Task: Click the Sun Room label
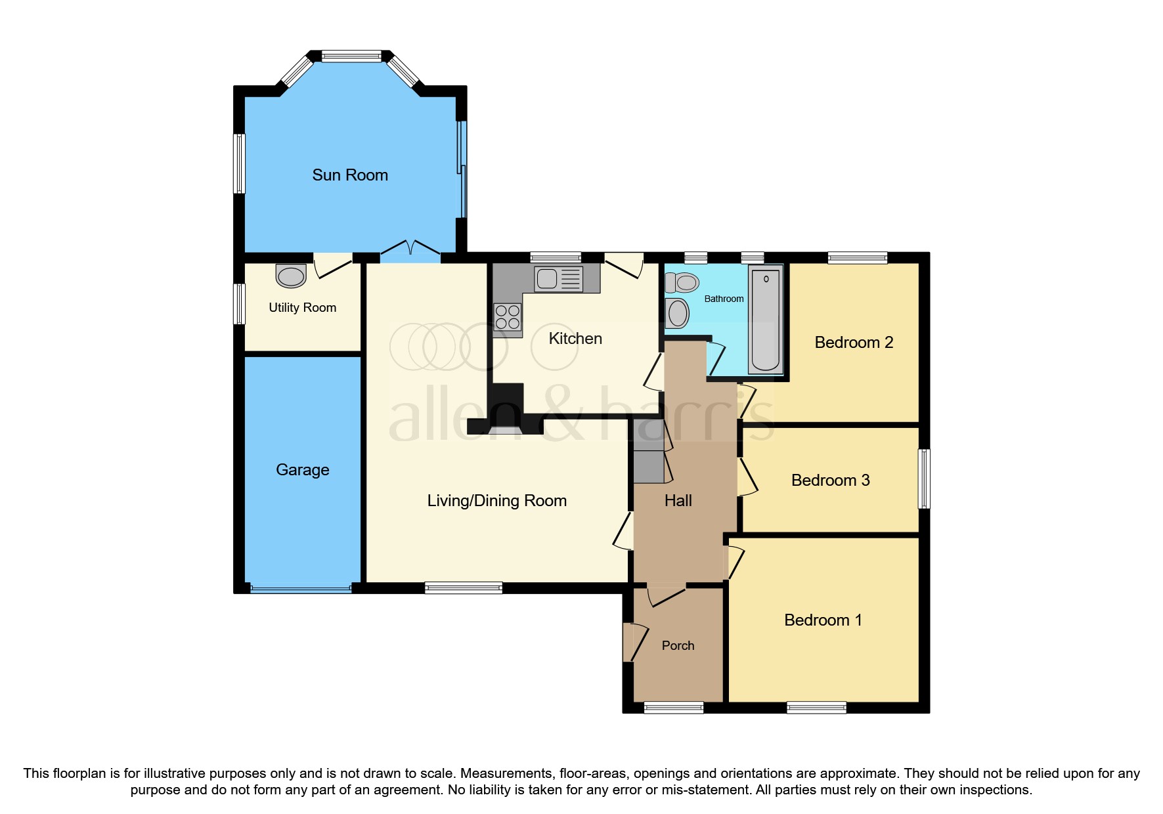349,175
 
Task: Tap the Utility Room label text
302,308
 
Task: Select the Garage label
302,470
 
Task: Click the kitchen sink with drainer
558,279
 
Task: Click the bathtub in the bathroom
766,319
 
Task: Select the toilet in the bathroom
682,283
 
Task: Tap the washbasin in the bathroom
677,313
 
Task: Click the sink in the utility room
291,276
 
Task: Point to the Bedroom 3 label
830,481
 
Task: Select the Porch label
678,646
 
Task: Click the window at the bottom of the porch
673,708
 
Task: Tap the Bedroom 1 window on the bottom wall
816,708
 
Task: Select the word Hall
678,501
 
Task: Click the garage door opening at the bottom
301,589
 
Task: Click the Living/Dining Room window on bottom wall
463,588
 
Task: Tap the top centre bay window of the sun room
351,57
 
